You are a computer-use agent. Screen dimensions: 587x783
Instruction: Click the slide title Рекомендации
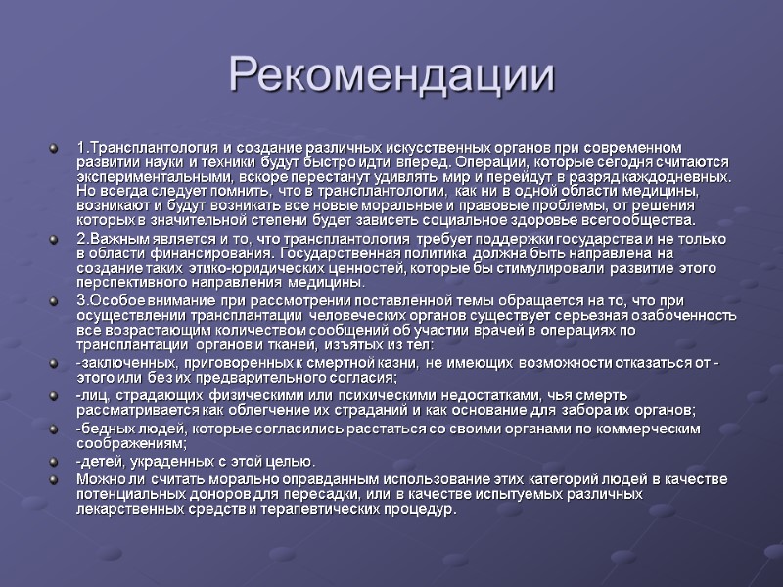(391, 76)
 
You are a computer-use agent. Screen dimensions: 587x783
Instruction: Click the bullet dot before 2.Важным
(54, 240)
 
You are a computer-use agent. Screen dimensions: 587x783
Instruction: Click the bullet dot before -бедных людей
(54, 429)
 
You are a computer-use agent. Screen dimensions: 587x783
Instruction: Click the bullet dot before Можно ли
(54, 477)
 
